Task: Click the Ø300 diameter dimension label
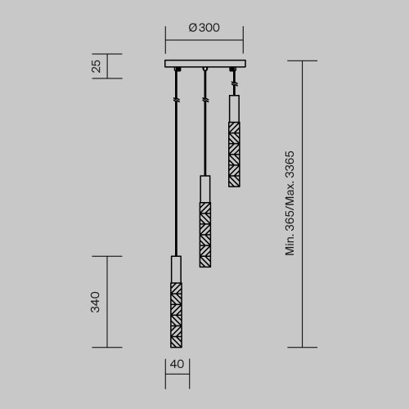204,27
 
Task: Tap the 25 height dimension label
97,66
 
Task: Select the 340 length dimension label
96,302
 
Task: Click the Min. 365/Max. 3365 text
290,204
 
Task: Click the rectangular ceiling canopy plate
204,65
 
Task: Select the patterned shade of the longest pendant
176,315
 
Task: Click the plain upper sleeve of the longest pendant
176,269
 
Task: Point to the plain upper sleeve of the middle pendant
204,188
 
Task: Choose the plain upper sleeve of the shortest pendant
233,109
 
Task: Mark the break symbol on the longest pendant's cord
176,101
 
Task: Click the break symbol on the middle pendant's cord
204,100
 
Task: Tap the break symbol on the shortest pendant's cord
233,85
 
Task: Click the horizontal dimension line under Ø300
204,39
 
